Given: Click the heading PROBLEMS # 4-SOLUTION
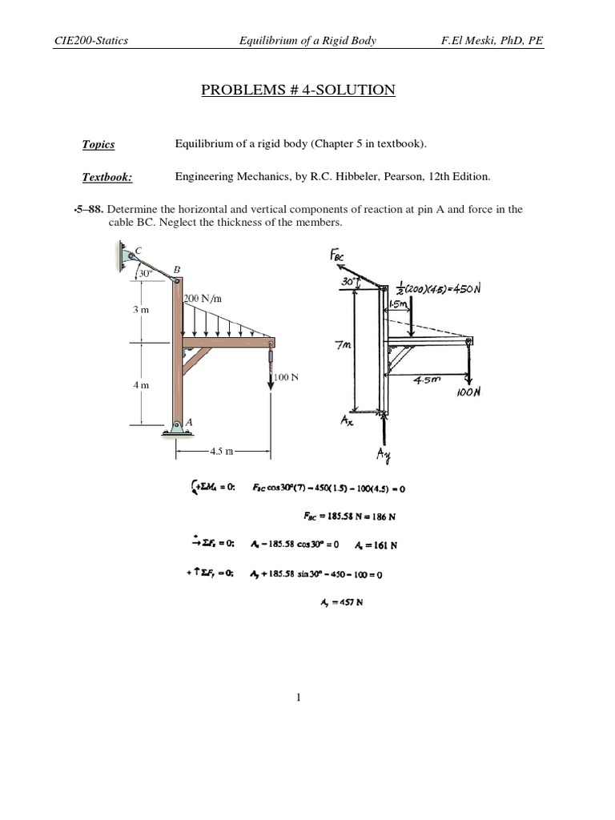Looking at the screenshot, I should click(x=298, y=90).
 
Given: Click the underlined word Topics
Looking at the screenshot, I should click(x=98, y=145).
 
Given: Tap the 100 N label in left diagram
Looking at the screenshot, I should click(x=285, y=376).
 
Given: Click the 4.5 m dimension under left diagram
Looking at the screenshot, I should click(x=222, y=452).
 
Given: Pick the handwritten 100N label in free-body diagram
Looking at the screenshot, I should click(x=469, y=393).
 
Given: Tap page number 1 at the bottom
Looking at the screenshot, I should click(x=298, y=698).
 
